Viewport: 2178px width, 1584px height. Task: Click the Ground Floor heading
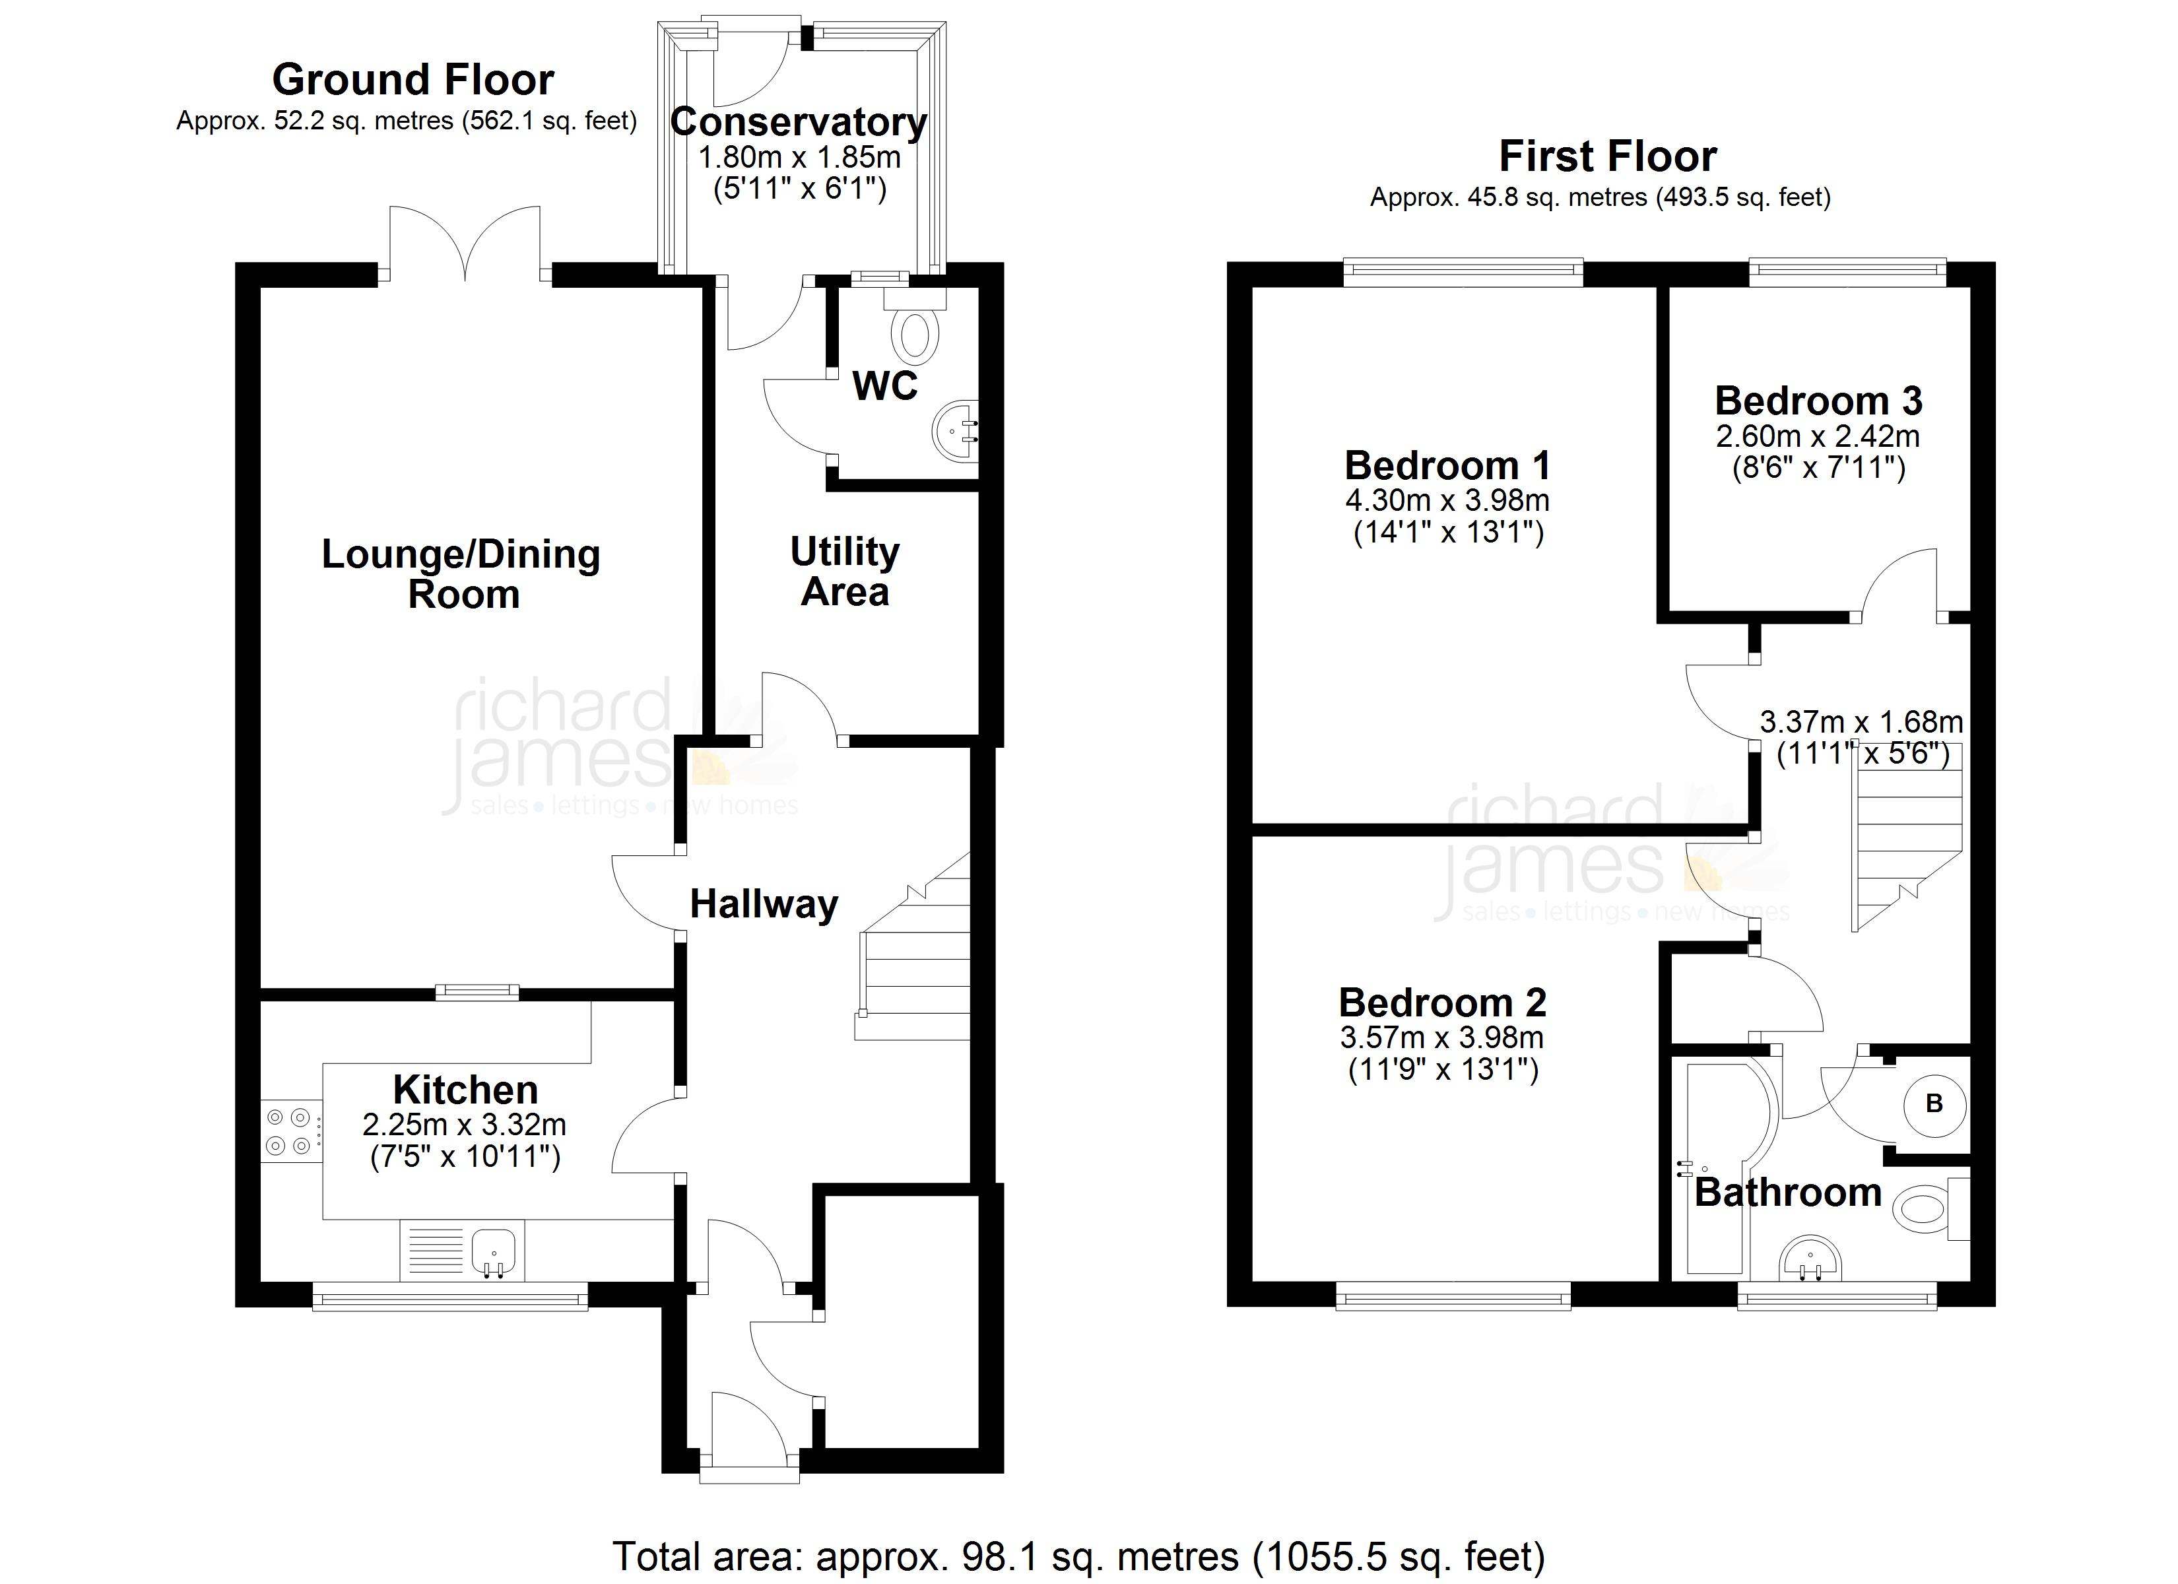413,80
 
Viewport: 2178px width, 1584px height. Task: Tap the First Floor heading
1608,156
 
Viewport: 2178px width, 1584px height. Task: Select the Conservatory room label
798,123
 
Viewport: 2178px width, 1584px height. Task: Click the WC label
884,386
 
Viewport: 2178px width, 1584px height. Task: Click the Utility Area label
844,572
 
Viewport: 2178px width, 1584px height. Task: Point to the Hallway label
764,905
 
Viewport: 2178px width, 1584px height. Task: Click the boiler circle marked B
1934,1104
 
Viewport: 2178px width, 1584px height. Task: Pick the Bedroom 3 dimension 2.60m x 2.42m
1818,437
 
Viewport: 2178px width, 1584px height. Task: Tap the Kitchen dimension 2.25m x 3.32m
464,1125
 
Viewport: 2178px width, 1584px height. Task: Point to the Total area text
1078,1556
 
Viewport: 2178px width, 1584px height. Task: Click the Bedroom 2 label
1442,1003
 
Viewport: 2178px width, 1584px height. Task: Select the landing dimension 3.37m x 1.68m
1861,722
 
